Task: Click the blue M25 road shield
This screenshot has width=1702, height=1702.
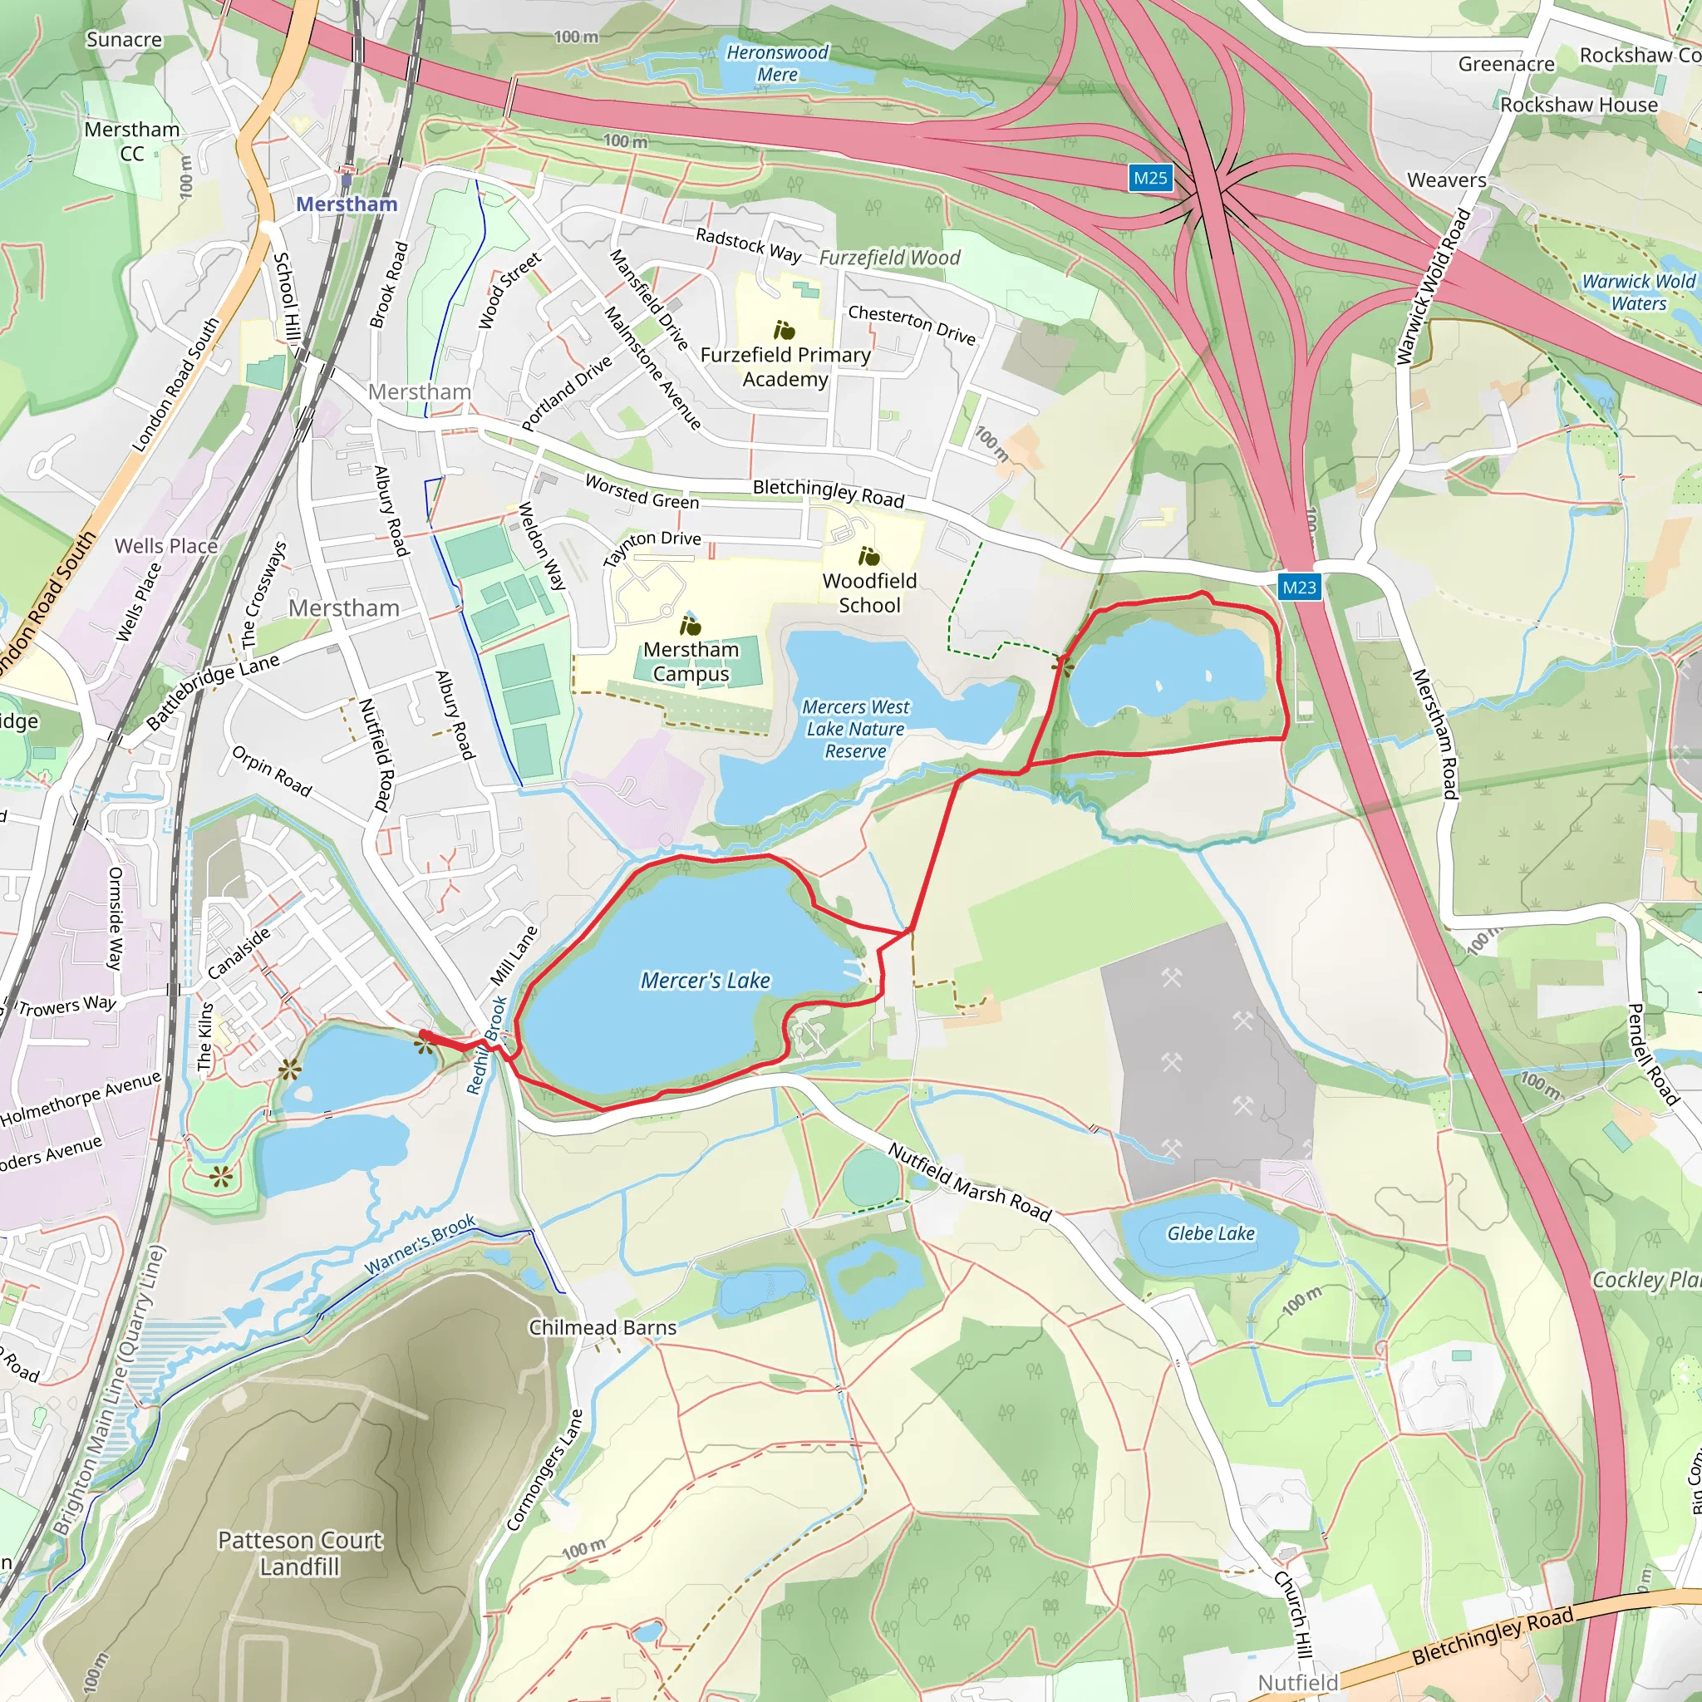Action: coord(1149,178)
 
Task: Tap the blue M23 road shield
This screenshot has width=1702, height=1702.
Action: coord(1300,587)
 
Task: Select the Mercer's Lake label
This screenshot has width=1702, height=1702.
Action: coord(705,981)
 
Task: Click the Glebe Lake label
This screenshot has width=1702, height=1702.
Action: coord(1210,1233)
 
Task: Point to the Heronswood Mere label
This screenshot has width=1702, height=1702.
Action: coord(777,63)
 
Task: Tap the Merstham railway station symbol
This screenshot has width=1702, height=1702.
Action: coord(347,180)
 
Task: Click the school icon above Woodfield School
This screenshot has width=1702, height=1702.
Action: coord(869,557)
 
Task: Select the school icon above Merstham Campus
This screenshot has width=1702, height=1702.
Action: coord(691,626)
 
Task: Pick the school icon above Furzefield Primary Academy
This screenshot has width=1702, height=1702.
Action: coord(784,331)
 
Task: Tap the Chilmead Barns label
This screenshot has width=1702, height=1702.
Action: coord(603,1327)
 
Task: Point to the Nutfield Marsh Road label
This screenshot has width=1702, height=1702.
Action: coord(969,1183)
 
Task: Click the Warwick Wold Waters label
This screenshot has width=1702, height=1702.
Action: coord(1638,293)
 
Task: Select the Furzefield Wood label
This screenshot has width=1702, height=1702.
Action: coord(890,258)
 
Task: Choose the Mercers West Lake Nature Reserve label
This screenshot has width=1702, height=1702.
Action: coord(854,730)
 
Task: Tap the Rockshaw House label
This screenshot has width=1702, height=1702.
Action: coord(1579,105)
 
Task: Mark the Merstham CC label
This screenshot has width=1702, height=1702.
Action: coord(132,141)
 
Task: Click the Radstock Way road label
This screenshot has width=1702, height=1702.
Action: coord(748,245)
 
